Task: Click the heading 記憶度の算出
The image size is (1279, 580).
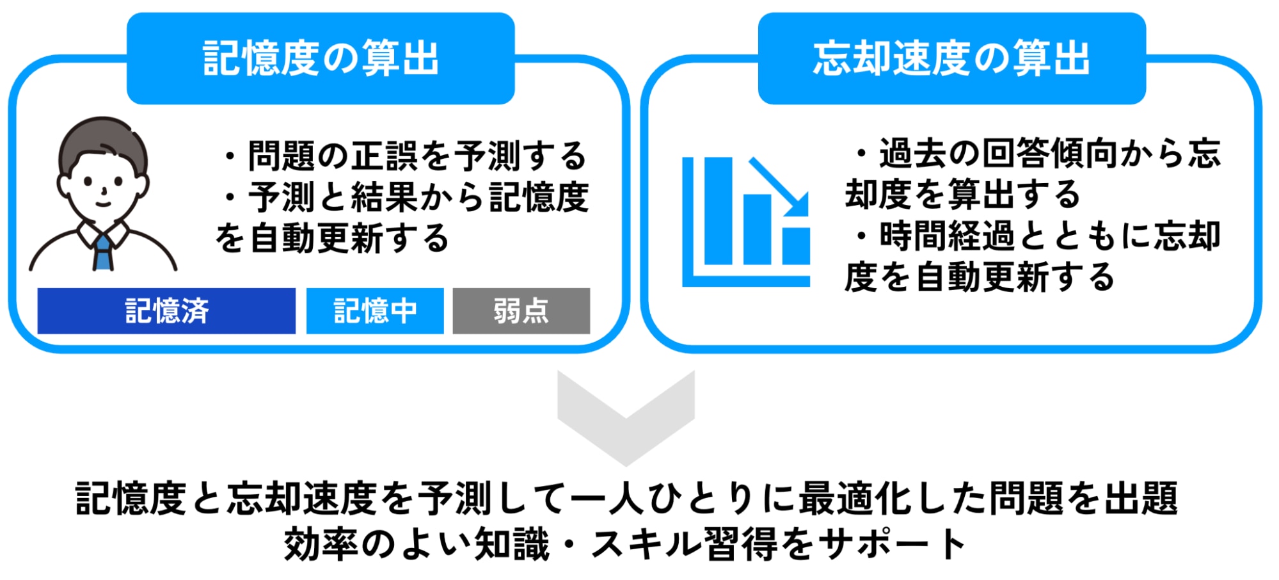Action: coord(321,58)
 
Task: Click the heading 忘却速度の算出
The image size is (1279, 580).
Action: coord(951,58)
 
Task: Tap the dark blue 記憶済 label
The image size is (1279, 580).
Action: coord(166,311)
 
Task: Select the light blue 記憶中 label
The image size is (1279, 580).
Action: coord(375,311)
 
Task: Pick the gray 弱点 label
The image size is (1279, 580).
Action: coord(521,311)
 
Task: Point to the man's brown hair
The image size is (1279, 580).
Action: coord(102,138)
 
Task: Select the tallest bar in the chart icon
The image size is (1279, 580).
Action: coord(718,211)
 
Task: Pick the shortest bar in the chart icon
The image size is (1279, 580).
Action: coord(796,246)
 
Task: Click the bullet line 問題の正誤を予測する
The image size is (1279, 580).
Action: coord(405,156)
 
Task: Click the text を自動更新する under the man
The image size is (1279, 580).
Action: coord(332,238)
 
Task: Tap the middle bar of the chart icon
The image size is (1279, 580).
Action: coord(757,229)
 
